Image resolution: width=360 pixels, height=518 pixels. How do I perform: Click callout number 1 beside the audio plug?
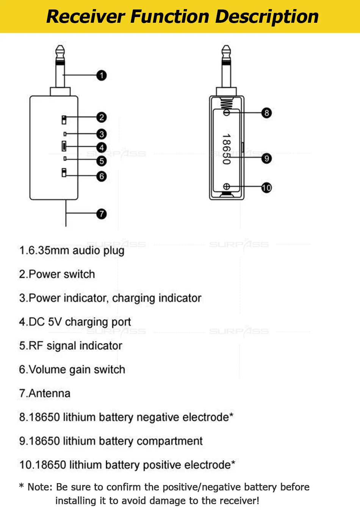101,75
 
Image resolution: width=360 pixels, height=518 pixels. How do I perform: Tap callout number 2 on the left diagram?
101,117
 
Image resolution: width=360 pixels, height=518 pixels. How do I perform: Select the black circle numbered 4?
101,147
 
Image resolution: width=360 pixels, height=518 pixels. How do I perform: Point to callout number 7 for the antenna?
101,214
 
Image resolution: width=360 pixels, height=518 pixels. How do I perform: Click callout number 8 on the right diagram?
266,113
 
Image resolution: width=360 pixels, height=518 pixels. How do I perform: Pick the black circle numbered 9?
266,158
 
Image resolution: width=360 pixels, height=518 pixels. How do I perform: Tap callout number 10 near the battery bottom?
266,187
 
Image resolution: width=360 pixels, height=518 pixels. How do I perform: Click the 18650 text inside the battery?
226,149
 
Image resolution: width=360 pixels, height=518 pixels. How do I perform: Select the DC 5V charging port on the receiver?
64,146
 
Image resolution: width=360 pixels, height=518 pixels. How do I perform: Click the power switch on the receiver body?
64,119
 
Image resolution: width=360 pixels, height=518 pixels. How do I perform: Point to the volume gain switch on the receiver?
64,172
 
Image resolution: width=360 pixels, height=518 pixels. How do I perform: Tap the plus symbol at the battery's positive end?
226,186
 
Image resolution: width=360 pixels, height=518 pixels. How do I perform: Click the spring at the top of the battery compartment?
226,104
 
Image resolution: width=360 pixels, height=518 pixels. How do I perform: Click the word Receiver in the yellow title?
86,17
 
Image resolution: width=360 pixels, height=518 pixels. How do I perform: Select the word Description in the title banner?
267,17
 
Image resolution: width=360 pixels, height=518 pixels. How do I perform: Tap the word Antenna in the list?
50,393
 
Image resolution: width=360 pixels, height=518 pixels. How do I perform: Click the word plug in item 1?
113,251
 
